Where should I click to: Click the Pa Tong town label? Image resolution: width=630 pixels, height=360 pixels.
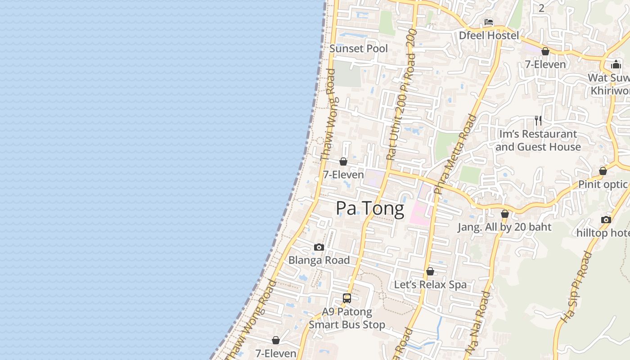370,208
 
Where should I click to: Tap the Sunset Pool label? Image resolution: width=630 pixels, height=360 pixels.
358,49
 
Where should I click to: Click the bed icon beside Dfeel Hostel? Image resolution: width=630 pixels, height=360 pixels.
489,22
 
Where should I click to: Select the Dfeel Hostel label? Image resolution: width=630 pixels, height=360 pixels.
489,35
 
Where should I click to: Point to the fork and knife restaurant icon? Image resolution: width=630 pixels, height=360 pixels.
538,121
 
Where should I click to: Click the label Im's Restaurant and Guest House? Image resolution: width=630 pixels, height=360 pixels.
538,140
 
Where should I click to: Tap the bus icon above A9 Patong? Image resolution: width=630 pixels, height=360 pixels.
347,298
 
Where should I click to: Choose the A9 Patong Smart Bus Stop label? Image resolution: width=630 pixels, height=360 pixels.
347,318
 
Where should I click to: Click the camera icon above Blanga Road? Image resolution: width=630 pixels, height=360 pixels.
319,247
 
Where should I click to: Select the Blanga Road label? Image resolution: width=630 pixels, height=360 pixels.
319,260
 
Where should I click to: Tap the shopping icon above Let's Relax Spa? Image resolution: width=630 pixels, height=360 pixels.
430,272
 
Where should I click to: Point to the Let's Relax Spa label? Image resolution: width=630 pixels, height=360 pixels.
430,285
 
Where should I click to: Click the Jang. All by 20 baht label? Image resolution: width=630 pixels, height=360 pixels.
504,227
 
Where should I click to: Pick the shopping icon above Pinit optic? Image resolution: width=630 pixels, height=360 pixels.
603,171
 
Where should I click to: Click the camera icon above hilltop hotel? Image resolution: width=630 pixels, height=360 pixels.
606,220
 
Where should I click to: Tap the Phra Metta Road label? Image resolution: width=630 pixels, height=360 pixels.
455,154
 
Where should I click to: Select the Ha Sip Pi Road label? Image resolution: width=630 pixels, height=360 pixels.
576,287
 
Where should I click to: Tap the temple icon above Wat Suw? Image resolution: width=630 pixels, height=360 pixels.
616,64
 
